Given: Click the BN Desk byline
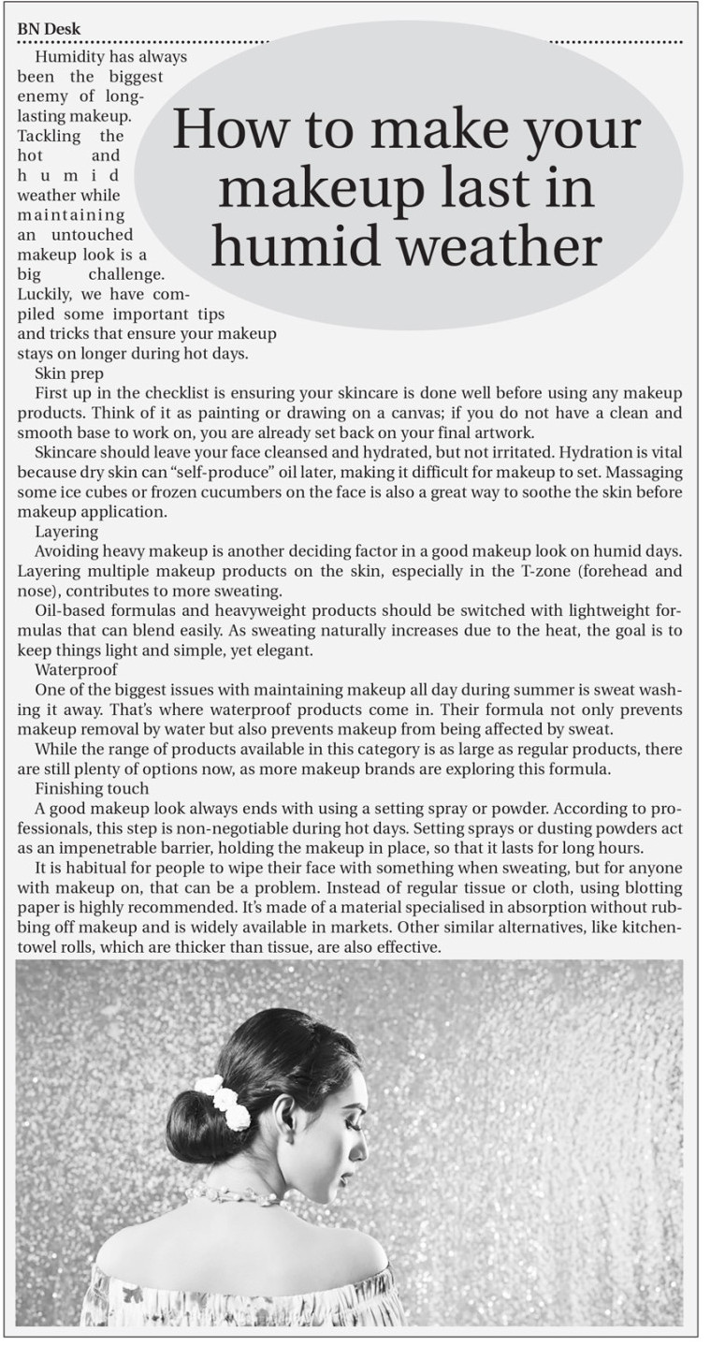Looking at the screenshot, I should (x=49, y=29).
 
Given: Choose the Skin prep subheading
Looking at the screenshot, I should (x=68, y=373).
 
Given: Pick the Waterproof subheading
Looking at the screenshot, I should (x=76, y=670).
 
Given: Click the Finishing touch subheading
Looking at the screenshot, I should (x=91, y=789).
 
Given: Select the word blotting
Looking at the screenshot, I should (x=653, y=887).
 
